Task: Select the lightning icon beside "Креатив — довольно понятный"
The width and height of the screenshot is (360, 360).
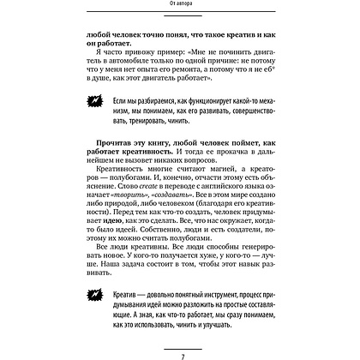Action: click(97, 297)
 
